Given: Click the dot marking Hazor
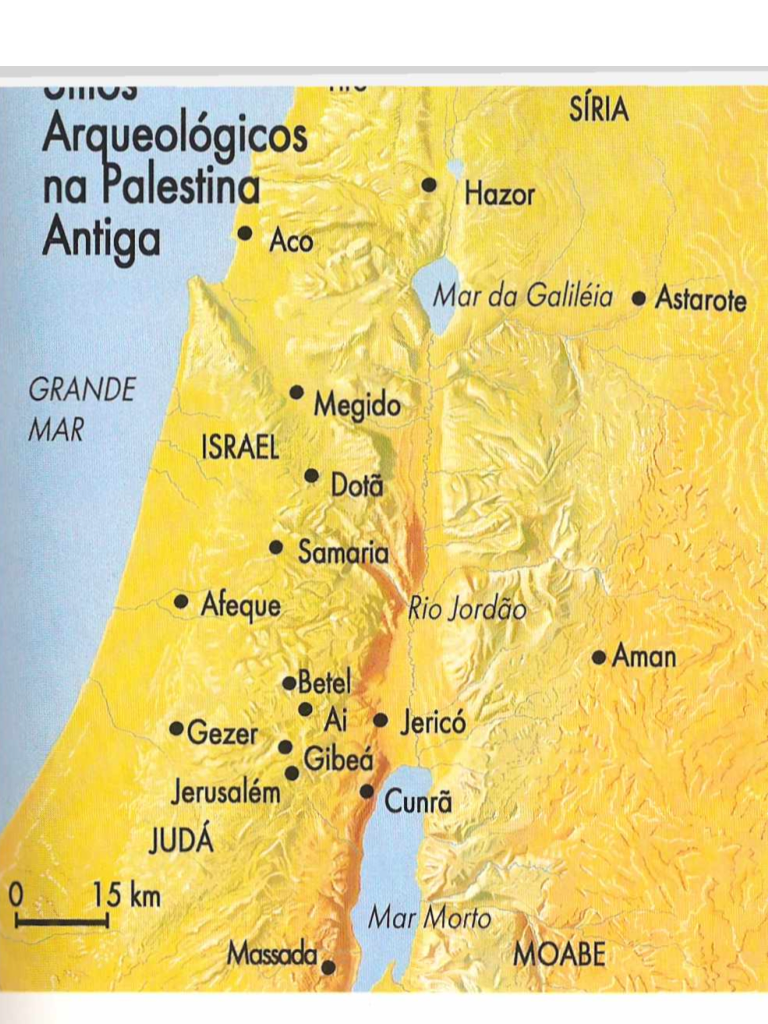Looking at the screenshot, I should tap(429, 185).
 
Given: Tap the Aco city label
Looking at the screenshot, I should tap(291, 241).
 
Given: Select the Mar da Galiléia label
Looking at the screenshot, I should tap(523, 296).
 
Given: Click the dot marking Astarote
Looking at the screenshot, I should tap(639, 298).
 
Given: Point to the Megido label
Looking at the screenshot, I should tap(357, 406).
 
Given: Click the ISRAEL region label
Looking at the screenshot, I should tap(240, 448).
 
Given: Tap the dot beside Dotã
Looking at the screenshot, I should tap(312, 475).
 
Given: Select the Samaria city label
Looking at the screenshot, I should tap(343, 552).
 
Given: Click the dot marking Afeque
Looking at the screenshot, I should tap(181, 602).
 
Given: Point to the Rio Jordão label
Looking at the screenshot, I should tap(467, 609).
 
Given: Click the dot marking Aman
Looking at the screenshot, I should tap(599, 657).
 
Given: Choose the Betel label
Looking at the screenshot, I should tap(325, 684).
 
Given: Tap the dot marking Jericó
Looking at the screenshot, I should tap(381, 720).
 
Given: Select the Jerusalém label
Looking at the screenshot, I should tap(226, 794).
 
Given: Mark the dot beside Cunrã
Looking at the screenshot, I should tap(367, 791).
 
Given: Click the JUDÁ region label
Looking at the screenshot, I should tap(181, 841).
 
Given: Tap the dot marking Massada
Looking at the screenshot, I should tap(327, 966).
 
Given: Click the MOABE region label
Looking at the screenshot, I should tap(559, 954).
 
